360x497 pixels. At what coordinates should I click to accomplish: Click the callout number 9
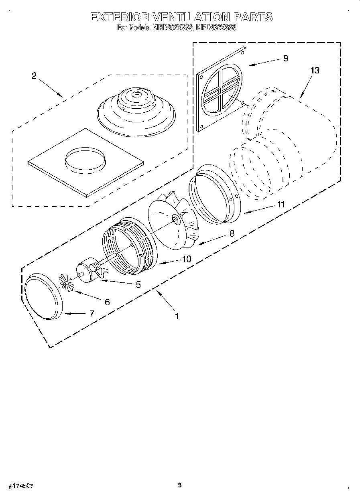(286, 58)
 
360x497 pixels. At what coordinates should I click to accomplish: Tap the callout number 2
(34, 76)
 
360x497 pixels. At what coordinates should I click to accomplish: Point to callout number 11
(280, 204)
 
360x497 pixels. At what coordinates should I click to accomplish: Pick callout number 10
(187, 259)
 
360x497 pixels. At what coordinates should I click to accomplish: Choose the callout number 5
(138, 284)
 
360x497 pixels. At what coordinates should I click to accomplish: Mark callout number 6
(107, 302)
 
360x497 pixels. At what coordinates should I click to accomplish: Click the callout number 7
(92, 313)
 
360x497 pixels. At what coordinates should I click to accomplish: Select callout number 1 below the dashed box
(177, 316)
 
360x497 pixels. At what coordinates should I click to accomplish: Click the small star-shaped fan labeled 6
(67, 282)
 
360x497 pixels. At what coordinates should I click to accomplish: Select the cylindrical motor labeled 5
(86, 272)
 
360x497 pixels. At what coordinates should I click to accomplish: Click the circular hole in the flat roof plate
(85, 160)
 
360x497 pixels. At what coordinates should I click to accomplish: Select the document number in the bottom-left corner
(19, 486)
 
